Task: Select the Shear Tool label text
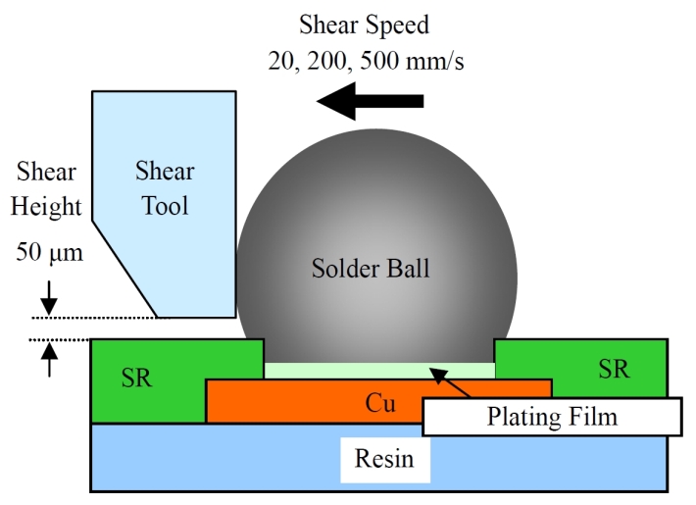(x=165, y=188)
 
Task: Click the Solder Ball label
(x=371, y=268)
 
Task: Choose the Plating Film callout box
(x=552, y=417)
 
